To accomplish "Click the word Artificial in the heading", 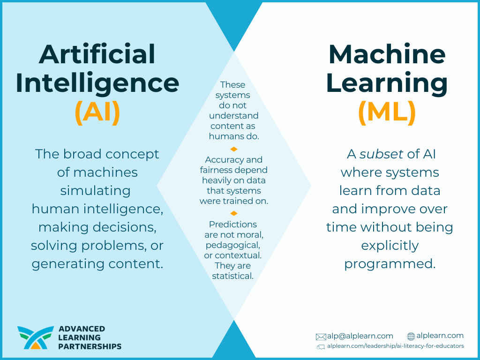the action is tap(97, 54).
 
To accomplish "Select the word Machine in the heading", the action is tap(387, 54).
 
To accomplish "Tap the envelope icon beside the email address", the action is tap(321, 337).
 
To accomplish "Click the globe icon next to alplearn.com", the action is tap(411, 337).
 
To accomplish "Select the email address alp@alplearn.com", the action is tap(360, 336).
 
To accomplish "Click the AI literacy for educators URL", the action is tap(396, 346).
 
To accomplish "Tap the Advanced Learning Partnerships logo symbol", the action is tap(36, 337).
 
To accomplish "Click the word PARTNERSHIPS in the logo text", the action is tap(90, 346).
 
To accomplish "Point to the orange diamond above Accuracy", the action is tap(234, 149).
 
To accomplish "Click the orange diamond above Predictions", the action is tap(234, 213).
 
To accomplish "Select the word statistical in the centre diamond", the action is tap(232, 276).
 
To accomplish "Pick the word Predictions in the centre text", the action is tap(232, 225).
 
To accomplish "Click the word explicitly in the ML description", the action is tap(390, 246).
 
